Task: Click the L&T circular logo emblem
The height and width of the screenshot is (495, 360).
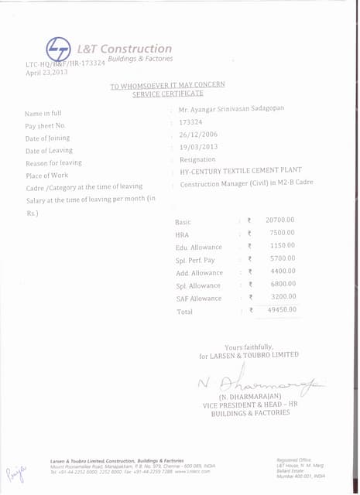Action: click(59, 49)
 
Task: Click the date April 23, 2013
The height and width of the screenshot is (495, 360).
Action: click(47, 72)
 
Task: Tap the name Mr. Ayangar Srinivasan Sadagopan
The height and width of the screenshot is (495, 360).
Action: click(231, 109)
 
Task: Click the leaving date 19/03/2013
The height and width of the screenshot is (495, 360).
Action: click(198, 147)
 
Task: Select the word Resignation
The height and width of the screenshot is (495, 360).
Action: click(197, 159)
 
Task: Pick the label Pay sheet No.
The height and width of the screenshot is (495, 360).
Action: click(46, 125)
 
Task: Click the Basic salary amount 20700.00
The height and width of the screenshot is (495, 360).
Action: click(279, 220)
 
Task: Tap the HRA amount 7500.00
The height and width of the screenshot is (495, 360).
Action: click(282, 233)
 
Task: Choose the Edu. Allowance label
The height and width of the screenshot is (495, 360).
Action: click(199, 247)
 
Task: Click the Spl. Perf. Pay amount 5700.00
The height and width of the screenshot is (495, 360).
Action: click(282, 258)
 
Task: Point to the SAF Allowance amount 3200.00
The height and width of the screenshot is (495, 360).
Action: click(283, 296)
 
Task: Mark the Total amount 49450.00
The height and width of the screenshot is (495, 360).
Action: click(281, 309)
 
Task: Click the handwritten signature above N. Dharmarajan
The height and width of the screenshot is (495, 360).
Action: click(260, 381)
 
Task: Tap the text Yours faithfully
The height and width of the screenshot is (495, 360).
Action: click(249, 346)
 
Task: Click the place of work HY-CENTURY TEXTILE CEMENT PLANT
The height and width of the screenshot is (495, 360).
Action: click(241, 170)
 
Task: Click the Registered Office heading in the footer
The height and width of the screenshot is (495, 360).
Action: click(291, 459)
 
